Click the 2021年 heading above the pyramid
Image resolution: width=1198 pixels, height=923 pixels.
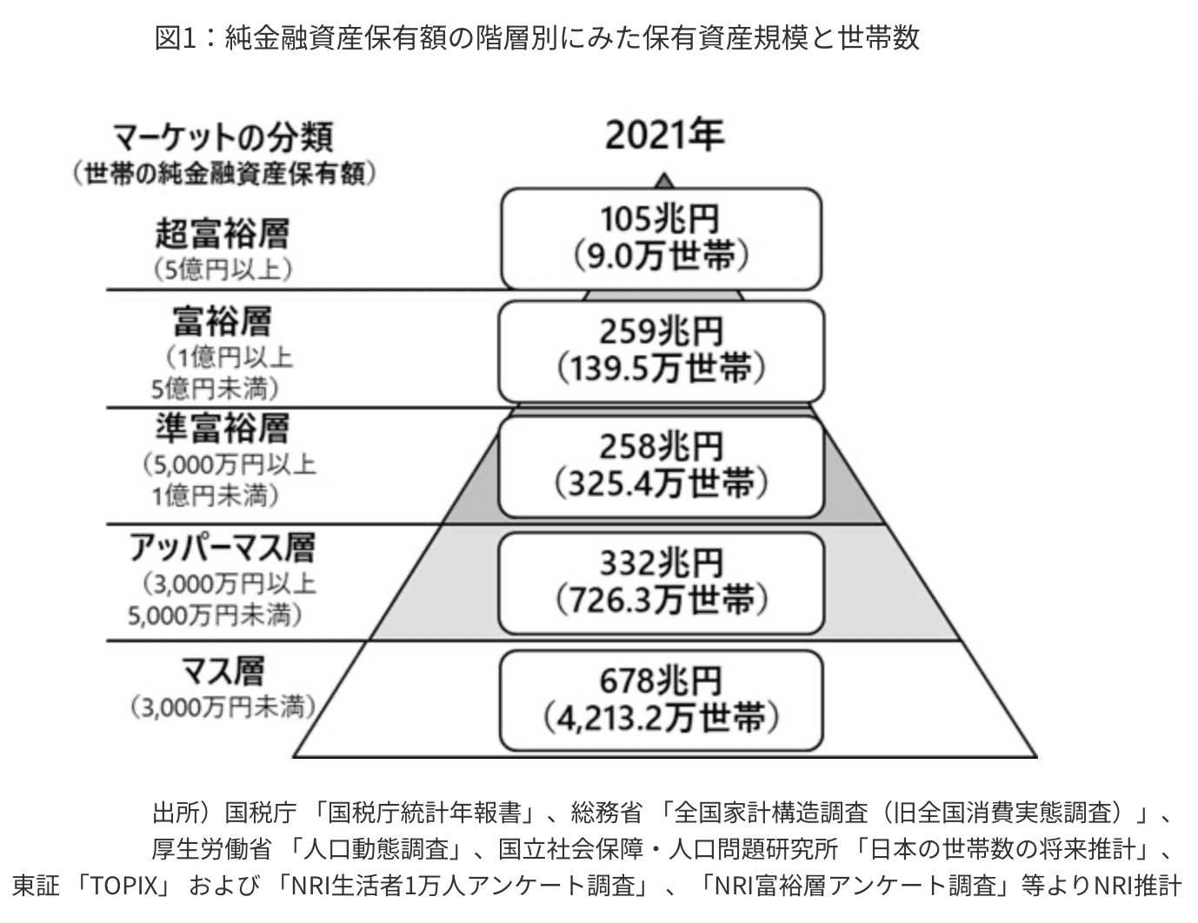click(x=664, y=136)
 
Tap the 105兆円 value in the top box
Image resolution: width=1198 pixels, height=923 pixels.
click(x=660, y=219)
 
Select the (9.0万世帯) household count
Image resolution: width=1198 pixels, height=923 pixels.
click(x=661, y=256)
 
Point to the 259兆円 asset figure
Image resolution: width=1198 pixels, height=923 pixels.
click(x=661, y=331)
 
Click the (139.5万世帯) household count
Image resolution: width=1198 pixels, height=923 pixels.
click(x=661, y=369)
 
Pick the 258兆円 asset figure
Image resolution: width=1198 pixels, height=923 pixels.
click(x=661, y=447)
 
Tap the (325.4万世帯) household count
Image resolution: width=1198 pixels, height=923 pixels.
click(x=661, y=483)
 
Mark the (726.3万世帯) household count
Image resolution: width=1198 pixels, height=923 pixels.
click(x=661, y=600)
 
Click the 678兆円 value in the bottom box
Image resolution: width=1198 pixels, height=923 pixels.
click(x=661, y=681)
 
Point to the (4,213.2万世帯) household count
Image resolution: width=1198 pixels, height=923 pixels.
click(x=661, y=718)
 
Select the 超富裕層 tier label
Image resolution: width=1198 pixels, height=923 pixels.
click(x=223, y=234)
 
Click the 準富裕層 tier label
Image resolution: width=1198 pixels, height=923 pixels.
click(x=223, y=428)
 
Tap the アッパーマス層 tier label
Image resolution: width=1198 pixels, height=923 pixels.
click(x=223, y=548)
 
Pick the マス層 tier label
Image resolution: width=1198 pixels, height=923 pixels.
click(x=223, y=671)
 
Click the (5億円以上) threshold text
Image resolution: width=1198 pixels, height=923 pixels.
click(x=223, y=270)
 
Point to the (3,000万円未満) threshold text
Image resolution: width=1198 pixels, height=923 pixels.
click(x=223, y=707)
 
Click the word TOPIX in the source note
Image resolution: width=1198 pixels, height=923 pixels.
click(x=124, y=886)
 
